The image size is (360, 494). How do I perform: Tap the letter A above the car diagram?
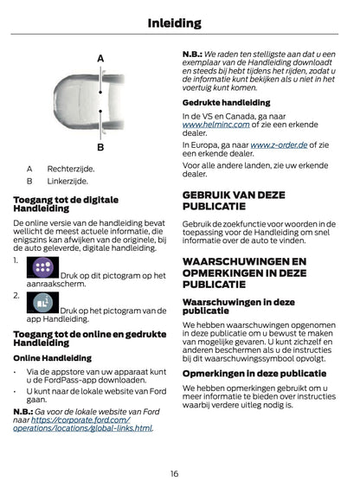(x=100, y=59)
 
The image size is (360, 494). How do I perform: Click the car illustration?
(x=100, y=102)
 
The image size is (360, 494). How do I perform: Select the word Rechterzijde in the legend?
(x=71, y=170)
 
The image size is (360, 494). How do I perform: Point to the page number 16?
(x=174, y=474)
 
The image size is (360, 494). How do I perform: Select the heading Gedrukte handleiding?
(x=226, y=103)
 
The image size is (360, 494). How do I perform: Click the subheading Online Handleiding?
(x=52, y=357)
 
